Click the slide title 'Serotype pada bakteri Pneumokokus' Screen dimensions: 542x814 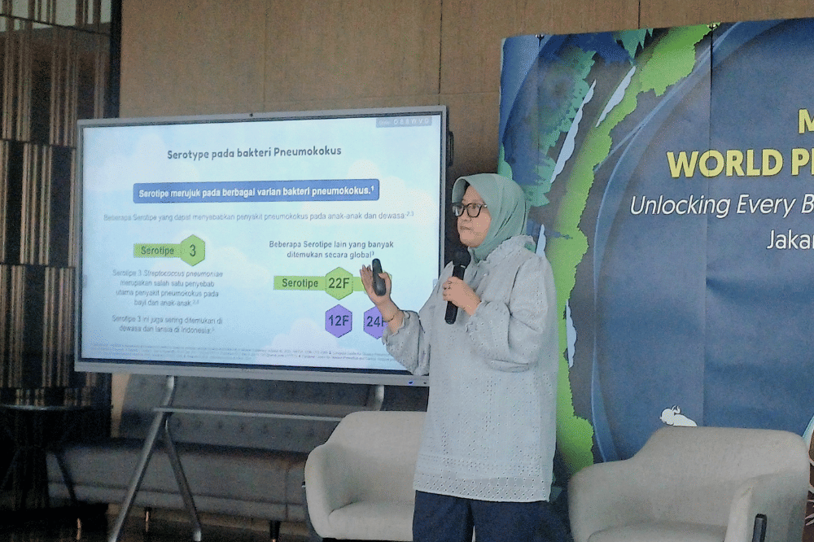254,152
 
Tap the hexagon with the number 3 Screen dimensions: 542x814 192,251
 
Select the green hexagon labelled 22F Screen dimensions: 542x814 339,283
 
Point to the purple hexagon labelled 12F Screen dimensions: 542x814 338,321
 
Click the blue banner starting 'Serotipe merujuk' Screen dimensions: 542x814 256,191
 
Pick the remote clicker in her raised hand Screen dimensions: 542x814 378,277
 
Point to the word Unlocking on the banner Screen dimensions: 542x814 681,205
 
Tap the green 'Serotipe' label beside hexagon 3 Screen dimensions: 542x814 158,251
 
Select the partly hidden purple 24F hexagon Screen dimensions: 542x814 374,322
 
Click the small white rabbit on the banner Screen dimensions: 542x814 677,417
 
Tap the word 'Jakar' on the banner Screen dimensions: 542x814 790,239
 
